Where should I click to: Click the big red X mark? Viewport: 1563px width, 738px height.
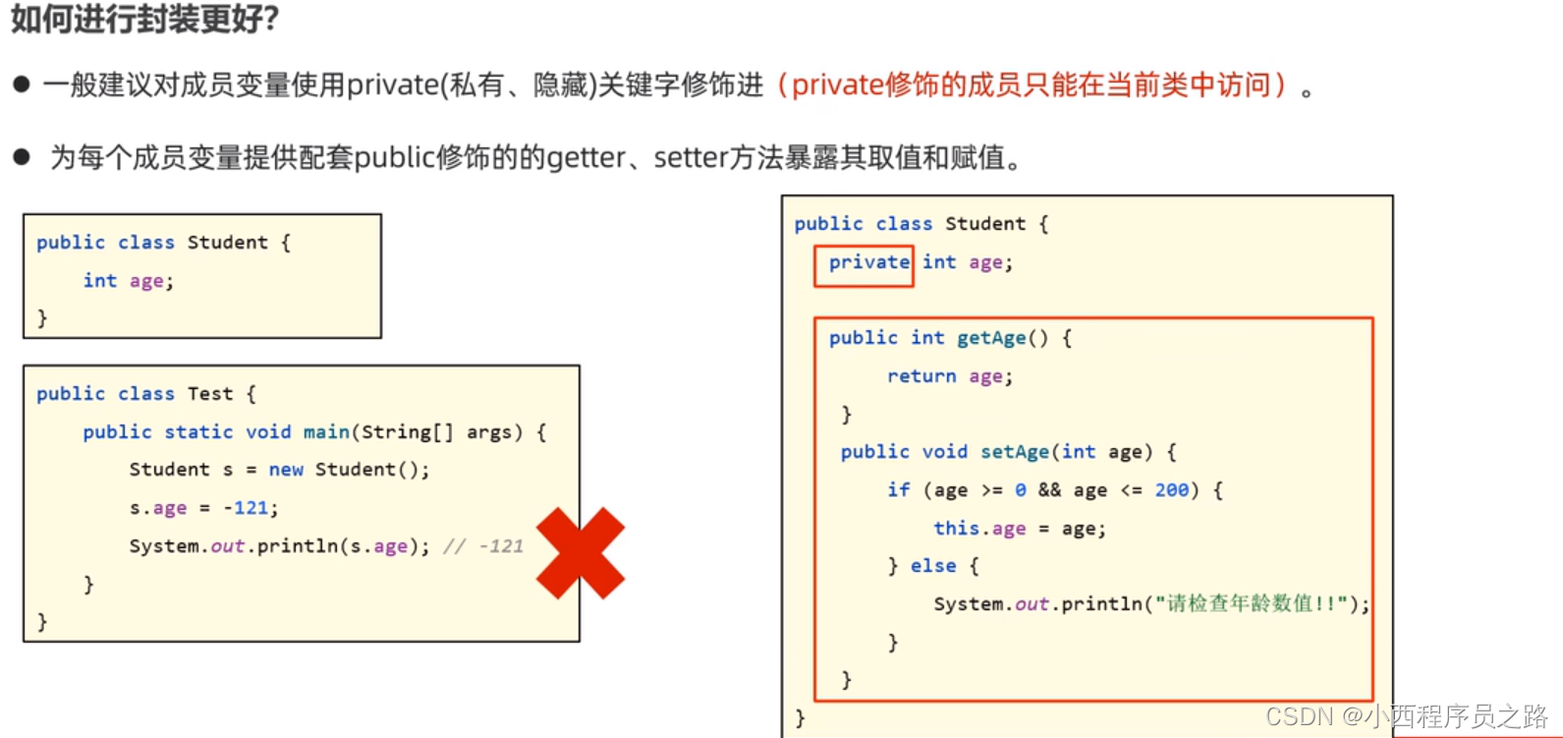point(580,553)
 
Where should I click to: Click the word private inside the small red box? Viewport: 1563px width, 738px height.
point(868,262)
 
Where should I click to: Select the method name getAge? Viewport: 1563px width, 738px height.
point(991,338)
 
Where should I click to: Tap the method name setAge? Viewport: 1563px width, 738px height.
point(1015,452)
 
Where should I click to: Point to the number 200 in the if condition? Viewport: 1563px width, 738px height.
point(1171,489)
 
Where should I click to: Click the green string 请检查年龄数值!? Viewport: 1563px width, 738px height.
point(1253,603)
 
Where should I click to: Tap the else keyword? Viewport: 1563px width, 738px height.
point(932,566)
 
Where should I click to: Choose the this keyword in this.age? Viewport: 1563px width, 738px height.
point(955,528)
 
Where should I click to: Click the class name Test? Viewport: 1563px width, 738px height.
point(210,394)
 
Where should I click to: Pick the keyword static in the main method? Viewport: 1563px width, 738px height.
point(198,432)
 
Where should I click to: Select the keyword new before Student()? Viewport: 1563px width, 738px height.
point(286,470)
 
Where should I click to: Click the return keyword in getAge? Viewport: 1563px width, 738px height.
point(921,376)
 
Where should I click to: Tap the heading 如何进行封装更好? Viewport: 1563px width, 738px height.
point(145,18)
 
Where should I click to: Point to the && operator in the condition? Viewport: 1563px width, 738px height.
point(1049,489)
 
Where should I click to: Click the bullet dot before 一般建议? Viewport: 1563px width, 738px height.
point(22,85)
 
